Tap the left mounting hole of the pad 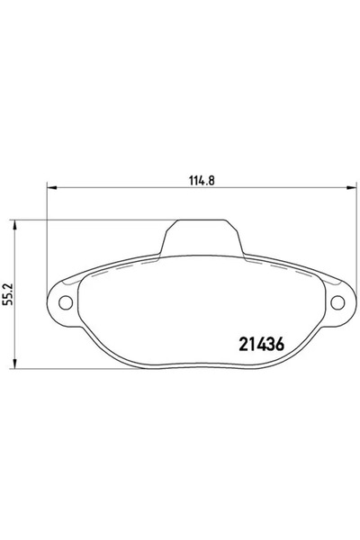65,301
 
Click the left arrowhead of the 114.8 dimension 51,188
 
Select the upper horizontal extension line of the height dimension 90,219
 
